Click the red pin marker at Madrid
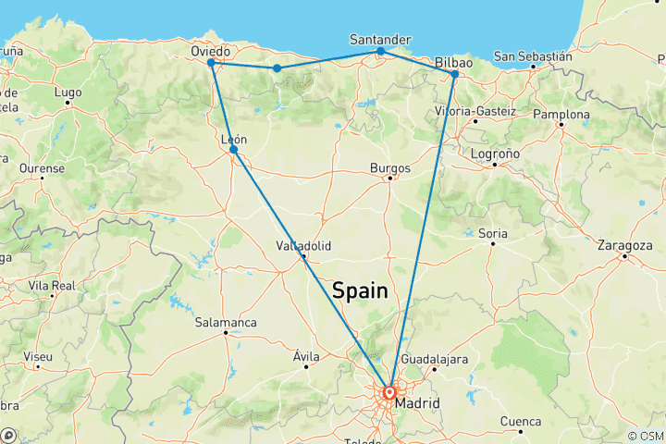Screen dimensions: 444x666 coord(389,392)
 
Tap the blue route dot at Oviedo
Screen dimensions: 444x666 coord(211,63)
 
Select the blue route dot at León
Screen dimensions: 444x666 coord(233,149)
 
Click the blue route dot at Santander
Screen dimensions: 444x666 coord(380,51)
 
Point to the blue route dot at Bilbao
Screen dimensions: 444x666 coord(454,73)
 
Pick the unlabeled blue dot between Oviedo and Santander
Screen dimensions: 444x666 coord(277,68)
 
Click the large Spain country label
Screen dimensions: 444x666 coord(360,290)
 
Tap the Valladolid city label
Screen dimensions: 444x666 coord(303,246)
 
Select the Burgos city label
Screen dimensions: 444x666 coord(389,167)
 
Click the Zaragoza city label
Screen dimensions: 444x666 coord(625,246)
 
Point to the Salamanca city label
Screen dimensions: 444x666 coord(226,322)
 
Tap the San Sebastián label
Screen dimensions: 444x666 coord(533,56)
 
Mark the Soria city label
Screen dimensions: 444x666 coord(493,233)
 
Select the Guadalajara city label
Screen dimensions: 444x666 coord(434,359)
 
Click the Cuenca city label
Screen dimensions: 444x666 coord(520,421)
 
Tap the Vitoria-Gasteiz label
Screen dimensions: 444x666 coord(475,111)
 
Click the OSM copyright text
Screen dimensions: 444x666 coord(645,437)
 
